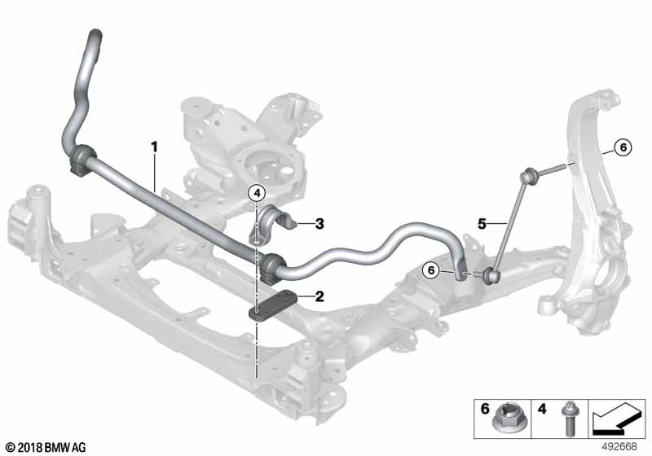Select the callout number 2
(x=319, y=296)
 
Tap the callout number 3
(x=319, y=222)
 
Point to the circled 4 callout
(x=257, y=193)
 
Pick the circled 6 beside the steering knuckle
(x=622, y=147)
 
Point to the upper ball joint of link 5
(x=527, y=173)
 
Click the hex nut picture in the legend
(x=506, y=424)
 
